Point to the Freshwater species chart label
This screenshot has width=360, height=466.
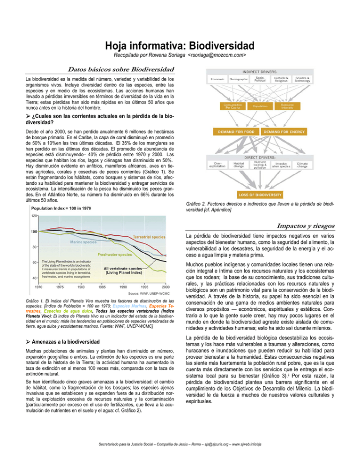coord(114,255)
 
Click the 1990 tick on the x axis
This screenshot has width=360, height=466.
coord(123,286)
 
